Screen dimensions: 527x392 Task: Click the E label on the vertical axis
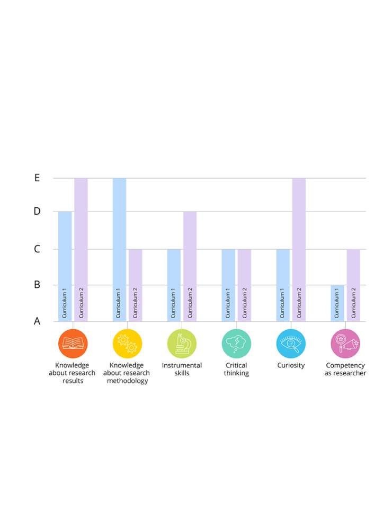pyautogui.click(x=37, y=178)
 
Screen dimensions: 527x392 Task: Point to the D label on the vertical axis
pyautogui.click(x=37, y=212)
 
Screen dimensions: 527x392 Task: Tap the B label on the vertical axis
pyautogui.click(x=37, y=285)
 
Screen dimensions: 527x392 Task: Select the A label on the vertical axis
pyautogui.click(x=37, y=321)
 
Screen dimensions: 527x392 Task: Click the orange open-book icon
pyautogui.click(x=73, y=344)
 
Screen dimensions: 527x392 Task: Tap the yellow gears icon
pyautogui.click(x=127, y=344)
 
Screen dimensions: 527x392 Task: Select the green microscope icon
pyautogui.click(x=182, y=344)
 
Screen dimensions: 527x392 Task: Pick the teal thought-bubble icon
pyautogui.click(x=236, y=344)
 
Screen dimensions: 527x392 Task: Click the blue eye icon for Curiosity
pyautogui.click(x=291, y=344)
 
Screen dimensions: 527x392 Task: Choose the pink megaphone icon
pyautogui.click(x=345, y=344)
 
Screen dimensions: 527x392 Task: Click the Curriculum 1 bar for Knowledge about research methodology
pyautogui.click(x=119, y=249)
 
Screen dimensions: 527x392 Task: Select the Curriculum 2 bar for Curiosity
pyautogui.click(x=299, y=249)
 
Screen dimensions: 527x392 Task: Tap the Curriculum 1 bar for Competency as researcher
pyautogui.click(x=337, y=303)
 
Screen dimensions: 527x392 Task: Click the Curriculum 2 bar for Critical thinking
pyautogui.click(x=244, y=285)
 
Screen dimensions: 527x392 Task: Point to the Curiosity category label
pyautogui.click(x=291, y=365)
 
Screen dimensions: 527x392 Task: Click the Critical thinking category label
pyautogui.click(x=236, y=369)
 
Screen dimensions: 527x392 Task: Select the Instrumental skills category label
pyautogui.click(x=182, y=369)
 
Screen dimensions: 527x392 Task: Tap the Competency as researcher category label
pyautogui.click(x=345, y=369)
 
